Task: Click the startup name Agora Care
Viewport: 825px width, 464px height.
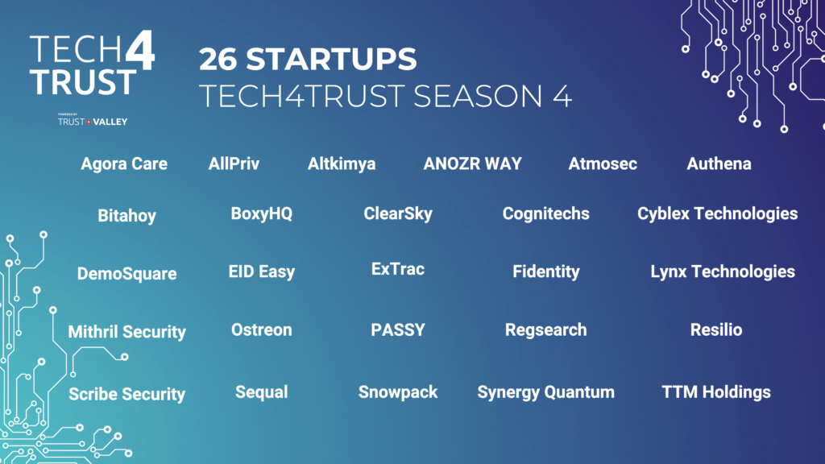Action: [x=124, y=164]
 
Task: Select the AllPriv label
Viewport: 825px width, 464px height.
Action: [x=234, y=164]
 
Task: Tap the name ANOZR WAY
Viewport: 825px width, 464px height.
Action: [x=472, y=164]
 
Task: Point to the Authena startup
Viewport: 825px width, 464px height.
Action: [x=719, y=164]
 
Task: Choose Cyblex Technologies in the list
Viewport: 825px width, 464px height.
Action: [x=718, y=213]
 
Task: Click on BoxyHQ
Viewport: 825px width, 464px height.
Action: [x=262, y=213]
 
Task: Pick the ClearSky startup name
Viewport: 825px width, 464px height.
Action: [x=398, y=213]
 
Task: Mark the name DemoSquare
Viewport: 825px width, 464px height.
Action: [x=126, y=274]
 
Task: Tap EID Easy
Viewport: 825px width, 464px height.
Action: [x=262, y=271]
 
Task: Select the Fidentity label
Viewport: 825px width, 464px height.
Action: [x=546, y=271]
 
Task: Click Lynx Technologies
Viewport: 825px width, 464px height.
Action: [x=723, y=271]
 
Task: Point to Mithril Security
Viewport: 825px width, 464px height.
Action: [x=126, y=332]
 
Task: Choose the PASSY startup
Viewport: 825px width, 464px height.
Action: [x=398, y=329]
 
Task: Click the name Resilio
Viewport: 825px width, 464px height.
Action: [x=716, y=329]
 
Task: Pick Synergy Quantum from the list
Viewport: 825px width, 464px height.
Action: [x=545, y=392]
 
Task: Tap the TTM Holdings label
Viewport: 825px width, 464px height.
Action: [x=716, y=392]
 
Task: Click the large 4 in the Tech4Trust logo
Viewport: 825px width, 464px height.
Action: [x=140, y=50]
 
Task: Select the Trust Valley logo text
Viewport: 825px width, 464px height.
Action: [x=93, y=122]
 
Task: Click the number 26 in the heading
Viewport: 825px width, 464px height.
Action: [x=218, y=59]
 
